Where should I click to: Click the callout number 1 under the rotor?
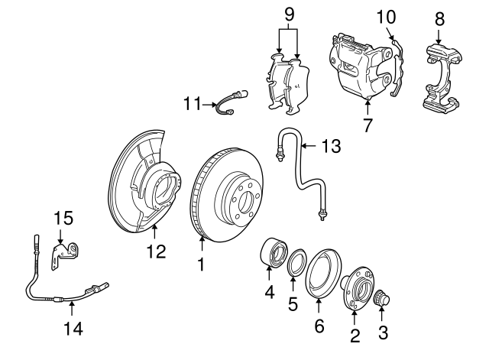202,264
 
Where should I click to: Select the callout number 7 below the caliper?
368,125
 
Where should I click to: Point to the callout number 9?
288,15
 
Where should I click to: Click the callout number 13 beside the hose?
330,146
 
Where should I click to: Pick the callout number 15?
63,219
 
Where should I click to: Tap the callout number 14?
73,329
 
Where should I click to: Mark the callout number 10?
387,16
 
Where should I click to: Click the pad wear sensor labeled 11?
232,101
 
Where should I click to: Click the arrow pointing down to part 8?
439,34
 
